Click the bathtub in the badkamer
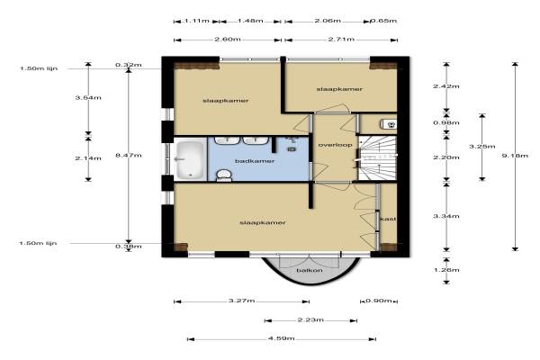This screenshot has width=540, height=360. point(190,160)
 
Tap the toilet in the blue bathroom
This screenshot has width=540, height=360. point(223,175)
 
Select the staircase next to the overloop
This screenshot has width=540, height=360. point(378,158)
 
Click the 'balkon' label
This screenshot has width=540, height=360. point(310,270)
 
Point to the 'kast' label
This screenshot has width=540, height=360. point(388,219)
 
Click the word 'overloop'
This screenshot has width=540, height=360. point(335,145)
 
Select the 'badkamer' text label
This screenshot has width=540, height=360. point(255,161)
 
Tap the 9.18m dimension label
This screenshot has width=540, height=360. point(515,156)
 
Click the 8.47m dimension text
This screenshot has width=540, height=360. point(129,155)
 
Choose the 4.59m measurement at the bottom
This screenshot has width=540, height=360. point(282,338)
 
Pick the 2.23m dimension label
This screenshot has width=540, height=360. point(310,319)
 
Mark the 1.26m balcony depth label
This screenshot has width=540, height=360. point(446,270)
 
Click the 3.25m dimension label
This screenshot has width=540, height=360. point(482,147)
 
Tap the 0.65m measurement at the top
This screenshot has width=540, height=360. point(383,21)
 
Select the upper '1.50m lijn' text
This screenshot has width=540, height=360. point(39,68)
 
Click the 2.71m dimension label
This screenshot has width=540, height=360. point(341,39)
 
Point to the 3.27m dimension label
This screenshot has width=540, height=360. point(242,301)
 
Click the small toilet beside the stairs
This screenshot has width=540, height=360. point(390,124)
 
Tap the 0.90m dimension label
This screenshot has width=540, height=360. point(379,301)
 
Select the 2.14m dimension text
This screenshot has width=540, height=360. point(88,158)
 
